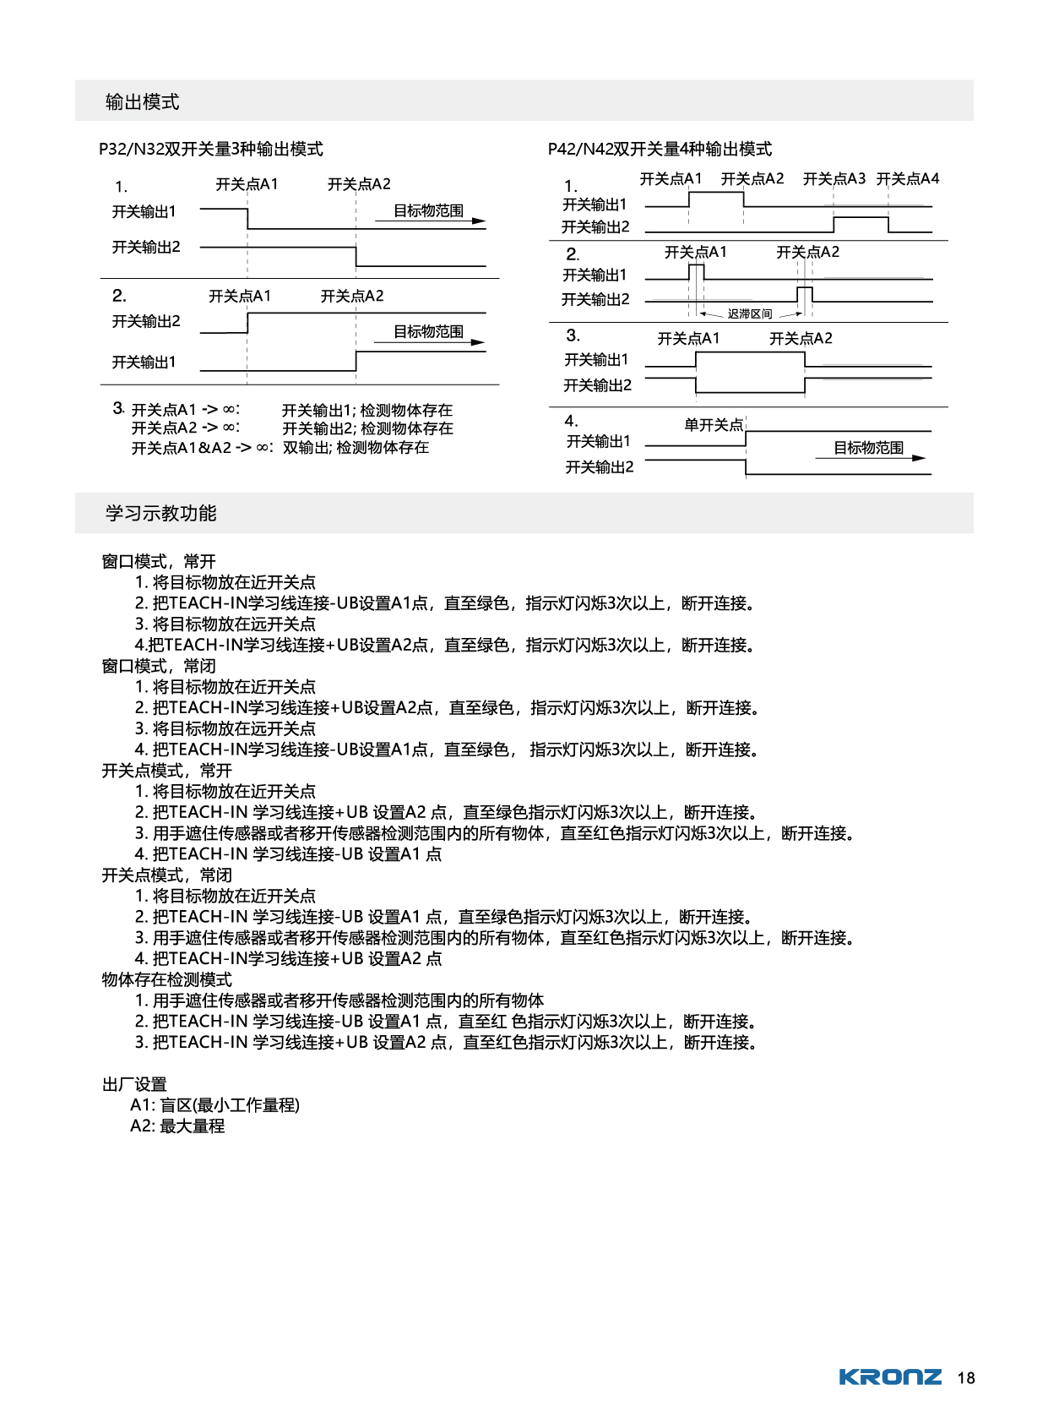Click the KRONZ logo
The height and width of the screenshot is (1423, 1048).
(889, 1377)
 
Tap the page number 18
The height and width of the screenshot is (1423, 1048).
(966, 1378)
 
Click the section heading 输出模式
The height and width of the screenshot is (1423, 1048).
(142, 102)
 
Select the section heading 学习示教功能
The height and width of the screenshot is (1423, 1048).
(160, 513)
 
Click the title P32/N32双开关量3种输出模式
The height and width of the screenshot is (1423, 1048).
(210, 149)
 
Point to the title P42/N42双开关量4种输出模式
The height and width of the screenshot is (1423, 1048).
(660, 149)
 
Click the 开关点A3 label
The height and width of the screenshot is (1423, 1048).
(834, 178)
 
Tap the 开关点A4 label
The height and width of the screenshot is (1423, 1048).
(907, 178)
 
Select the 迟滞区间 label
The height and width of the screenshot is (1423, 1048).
(750, 313)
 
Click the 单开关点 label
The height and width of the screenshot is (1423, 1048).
(714, 424)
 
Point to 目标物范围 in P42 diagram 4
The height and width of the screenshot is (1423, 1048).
(868, 447)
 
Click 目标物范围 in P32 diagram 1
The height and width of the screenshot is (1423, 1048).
(428, 210)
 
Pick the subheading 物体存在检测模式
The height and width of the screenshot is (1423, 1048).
(166, 979)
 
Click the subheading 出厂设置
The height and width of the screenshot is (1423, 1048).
(134, 1084)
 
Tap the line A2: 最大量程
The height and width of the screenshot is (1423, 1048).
(177, 1126)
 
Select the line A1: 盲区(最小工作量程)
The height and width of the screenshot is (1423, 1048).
(214, 1104)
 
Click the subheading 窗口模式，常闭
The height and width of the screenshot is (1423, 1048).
(159, 666)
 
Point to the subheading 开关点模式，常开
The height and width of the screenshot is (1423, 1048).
(166, 771)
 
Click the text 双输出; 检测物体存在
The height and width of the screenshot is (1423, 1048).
(356, 447)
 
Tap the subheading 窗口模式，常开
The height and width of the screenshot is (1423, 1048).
(159, 561)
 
